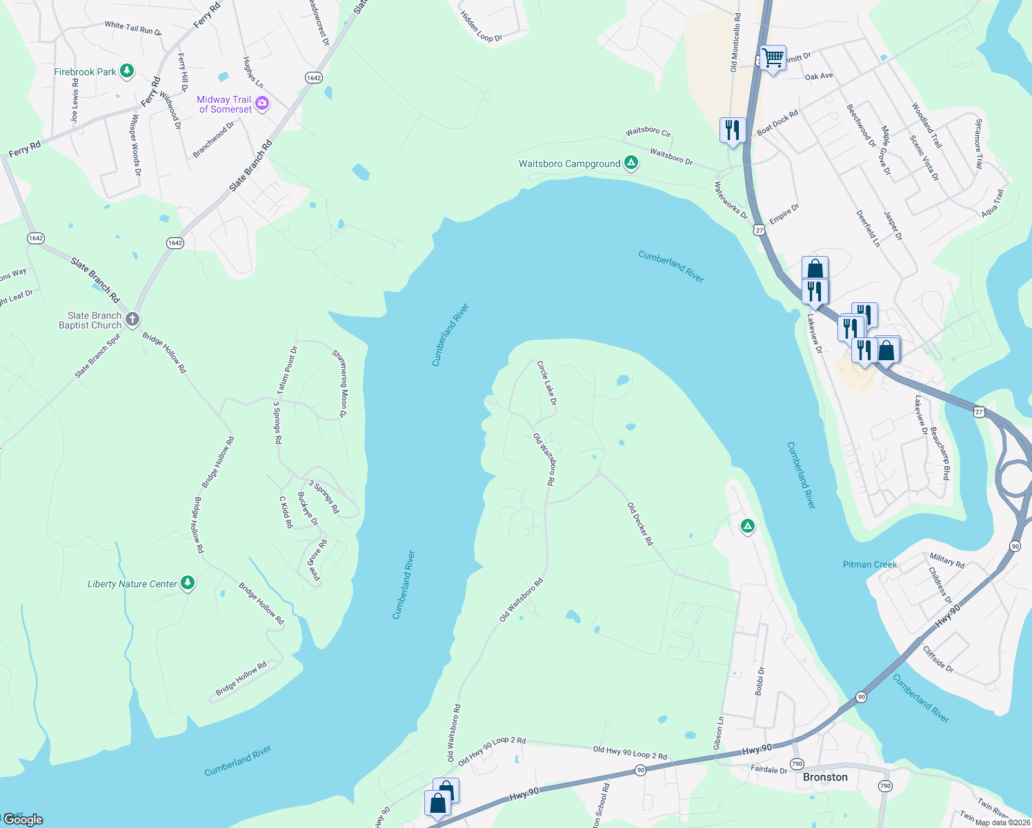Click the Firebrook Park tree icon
click(126, 70)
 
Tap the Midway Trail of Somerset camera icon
click(261, 104)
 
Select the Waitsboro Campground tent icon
click(631, 164)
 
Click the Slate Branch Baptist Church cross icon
click(132, 319)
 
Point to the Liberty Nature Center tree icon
click(187, 583)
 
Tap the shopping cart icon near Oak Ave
click(773, 58)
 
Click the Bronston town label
click(825, 777)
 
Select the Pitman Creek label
click(870, 564)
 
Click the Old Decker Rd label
click(640, 524)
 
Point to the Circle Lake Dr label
click(547, 383)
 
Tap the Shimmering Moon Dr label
click(339, 384)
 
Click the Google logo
click(23, 819)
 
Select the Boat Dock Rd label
click(777, 123)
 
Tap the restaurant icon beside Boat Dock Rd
click(732, 129)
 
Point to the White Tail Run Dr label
click(133, 28)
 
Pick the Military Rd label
click(946, 560)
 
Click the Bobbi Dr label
click(760, 680)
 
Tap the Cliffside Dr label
click(938, 659)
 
